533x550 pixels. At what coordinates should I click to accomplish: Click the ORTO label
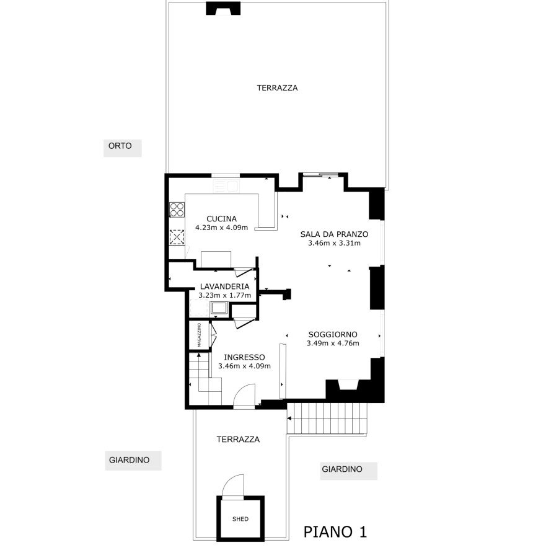coord(120,146)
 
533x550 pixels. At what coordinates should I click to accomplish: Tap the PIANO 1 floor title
coord(335,532)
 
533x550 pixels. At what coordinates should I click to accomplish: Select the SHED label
coord(240,519)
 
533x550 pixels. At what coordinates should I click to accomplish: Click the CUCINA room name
coord(222,219)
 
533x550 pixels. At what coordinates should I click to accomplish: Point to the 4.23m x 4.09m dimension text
coord(222,228)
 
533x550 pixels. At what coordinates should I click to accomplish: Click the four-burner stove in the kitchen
coord(177,210)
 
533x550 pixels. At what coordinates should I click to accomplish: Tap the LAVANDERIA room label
coord(225,286)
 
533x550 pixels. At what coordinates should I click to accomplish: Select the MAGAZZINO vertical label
coord(199,335)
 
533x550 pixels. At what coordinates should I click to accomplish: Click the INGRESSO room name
coord(244,357)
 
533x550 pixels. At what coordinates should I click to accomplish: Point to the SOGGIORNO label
coord(333,335)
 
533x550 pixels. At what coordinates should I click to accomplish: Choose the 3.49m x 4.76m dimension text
coord(333,344)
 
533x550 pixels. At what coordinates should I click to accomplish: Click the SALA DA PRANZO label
coord(334,234)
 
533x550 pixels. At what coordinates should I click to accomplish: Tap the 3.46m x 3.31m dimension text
coord(334,243)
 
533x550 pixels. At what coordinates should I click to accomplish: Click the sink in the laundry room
coord(219,308)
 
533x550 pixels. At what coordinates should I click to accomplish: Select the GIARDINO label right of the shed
coord(342,469)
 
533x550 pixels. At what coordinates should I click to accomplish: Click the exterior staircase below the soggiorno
coord(327,418)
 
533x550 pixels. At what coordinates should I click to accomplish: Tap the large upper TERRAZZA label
coord(277,88)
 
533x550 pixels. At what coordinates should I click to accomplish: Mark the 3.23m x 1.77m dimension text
coord(225,295)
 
